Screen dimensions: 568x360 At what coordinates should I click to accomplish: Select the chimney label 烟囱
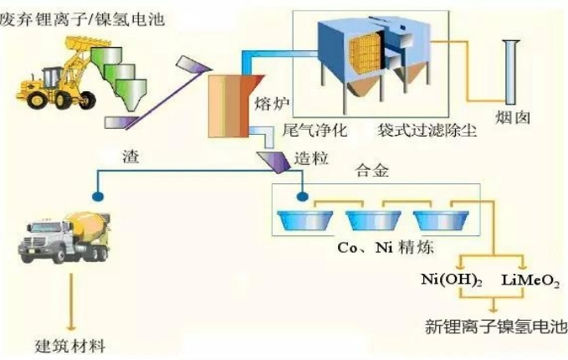(x=513, y=118)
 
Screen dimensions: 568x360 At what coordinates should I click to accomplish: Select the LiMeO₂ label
(x=530, y=280)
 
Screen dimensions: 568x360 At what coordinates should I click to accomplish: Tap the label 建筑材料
(x=70, y=346)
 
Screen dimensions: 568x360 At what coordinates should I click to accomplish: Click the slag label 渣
(x=130, y=157)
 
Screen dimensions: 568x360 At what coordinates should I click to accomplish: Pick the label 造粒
(x=311, y=158)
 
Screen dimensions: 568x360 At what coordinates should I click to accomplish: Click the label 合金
(x=372, y=170)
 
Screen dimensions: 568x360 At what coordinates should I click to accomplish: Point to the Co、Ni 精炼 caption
(x=386, y=248)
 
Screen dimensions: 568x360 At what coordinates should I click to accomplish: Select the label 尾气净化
(x=315, y=130)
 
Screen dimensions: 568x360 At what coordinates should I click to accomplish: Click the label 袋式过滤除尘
(x=427, y=130)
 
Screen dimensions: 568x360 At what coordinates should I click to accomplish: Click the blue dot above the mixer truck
(x=98, y=197)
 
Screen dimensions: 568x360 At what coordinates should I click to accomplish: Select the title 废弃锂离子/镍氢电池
(x=83, y=19)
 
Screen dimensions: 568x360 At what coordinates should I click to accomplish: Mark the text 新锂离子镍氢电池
(x=496, y=327)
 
